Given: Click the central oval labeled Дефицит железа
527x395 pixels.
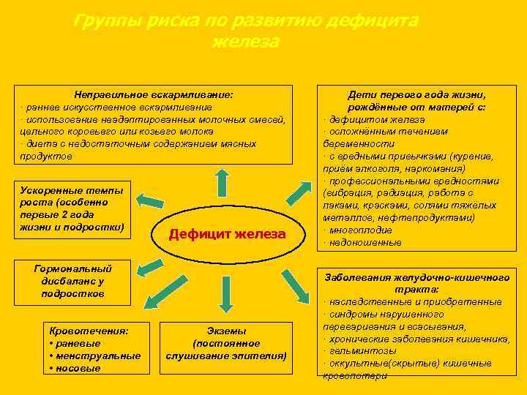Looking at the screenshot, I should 226,234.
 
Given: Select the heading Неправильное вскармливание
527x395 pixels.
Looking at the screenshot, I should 154,94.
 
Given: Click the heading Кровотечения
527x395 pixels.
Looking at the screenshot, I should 87,331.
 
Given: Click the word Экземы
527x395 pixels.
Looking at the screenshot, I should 226,331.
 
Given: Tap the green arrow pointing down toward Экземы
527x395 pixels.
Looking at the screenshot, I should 227,293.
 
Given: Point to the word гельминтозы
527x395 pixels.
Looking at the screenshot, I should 359,350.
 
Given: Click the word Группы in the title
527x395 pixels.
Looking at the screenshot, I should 102,21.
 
